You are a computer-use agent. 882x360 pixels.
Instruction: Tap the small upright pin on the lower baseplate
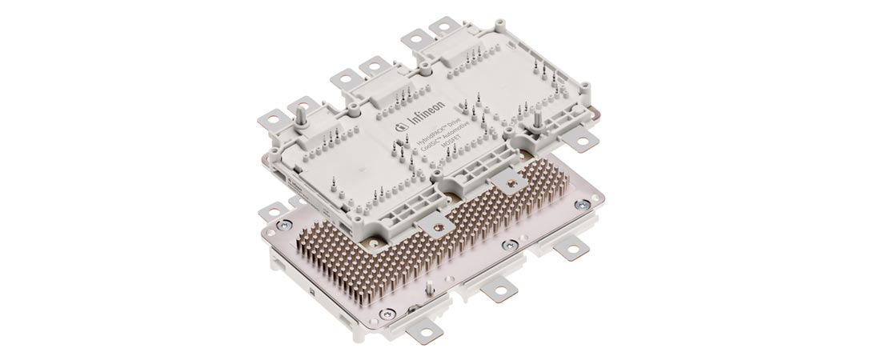click(x=429, y=287)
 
